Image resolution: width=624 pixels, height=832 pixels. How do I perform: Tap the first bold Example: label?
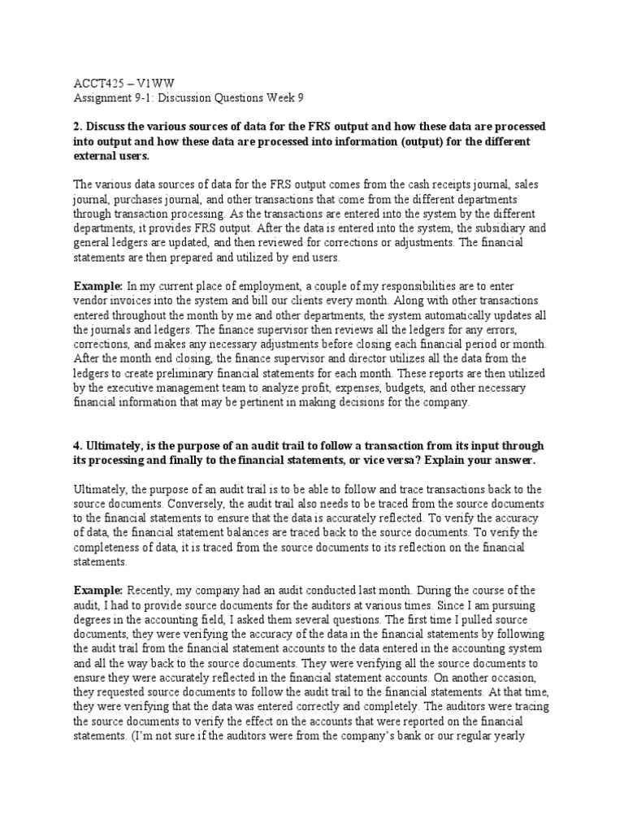point(97,287)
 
